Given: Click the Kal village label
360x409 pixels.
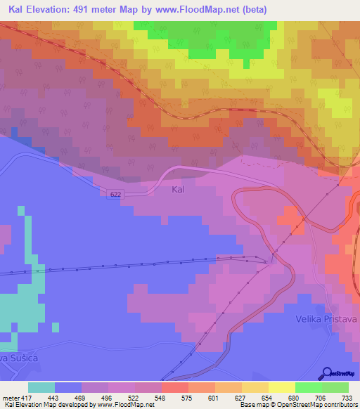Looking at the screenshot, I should coord(179,190).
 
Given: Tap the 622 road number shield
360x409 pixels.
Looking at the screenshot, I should coord(116,195).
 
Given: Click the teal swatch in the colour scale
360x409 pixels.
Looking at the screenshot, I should coord(41,387).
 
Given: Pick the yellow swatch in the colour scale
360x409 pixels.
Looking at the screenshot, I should coord(281,387).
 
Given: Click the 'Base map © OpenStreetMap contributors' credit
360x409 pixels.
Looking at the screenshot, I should coord(297,405).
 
